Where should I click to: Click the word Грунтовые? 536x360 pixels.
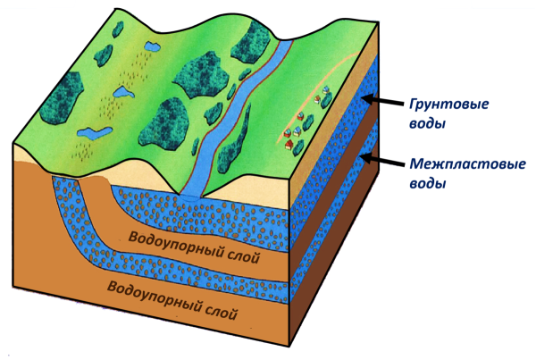(448, 105)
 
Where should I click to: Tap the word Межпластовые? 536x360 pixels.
(467, 164)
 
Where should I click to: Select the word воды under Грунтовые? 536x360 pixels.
(428, 123)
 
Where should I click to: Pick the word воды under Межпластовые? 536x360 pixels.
(428, 184)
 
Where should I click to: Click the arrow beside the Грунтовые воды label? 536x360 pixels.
(382, 101)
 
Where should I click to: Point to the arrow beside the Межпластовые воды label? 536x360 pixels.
(382, 161)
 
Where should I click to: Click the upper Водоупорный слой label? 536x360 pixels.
(194, 247)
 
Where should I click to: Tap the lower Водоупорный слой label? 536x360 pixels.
(172, 300)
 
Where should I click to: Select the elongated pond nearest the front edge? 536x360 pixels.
(95, 133)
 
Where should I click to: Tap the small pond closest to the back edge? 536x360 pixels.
(152, 46)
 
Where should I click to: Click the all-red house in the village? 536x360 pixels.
(289, 144)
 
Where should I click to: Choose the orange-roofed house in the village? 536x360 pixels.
(317, 99)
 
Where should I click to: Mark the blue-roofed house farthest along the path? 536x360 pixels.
(326, 89)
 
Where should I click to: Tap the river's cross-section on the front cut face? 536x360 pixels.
(191, 197)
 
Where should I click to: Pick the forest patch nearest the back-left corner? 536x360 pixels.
(118, 29)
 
